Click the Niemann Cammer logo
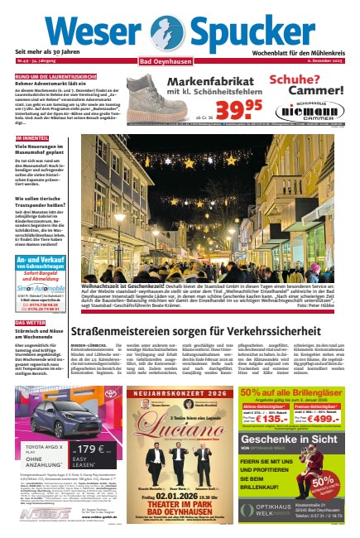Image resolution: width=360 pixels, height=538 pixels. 317,108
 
